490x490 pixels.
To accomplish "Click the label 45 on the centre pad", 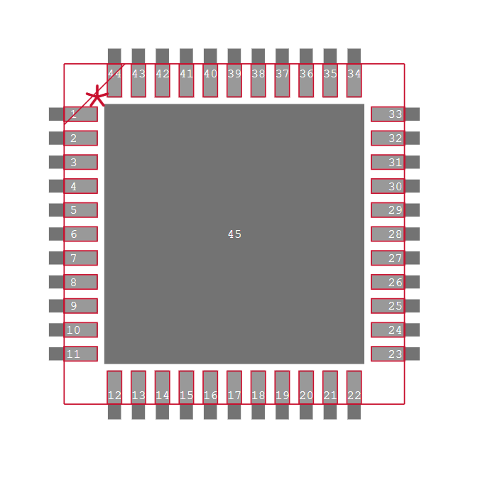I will (234, 234).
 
